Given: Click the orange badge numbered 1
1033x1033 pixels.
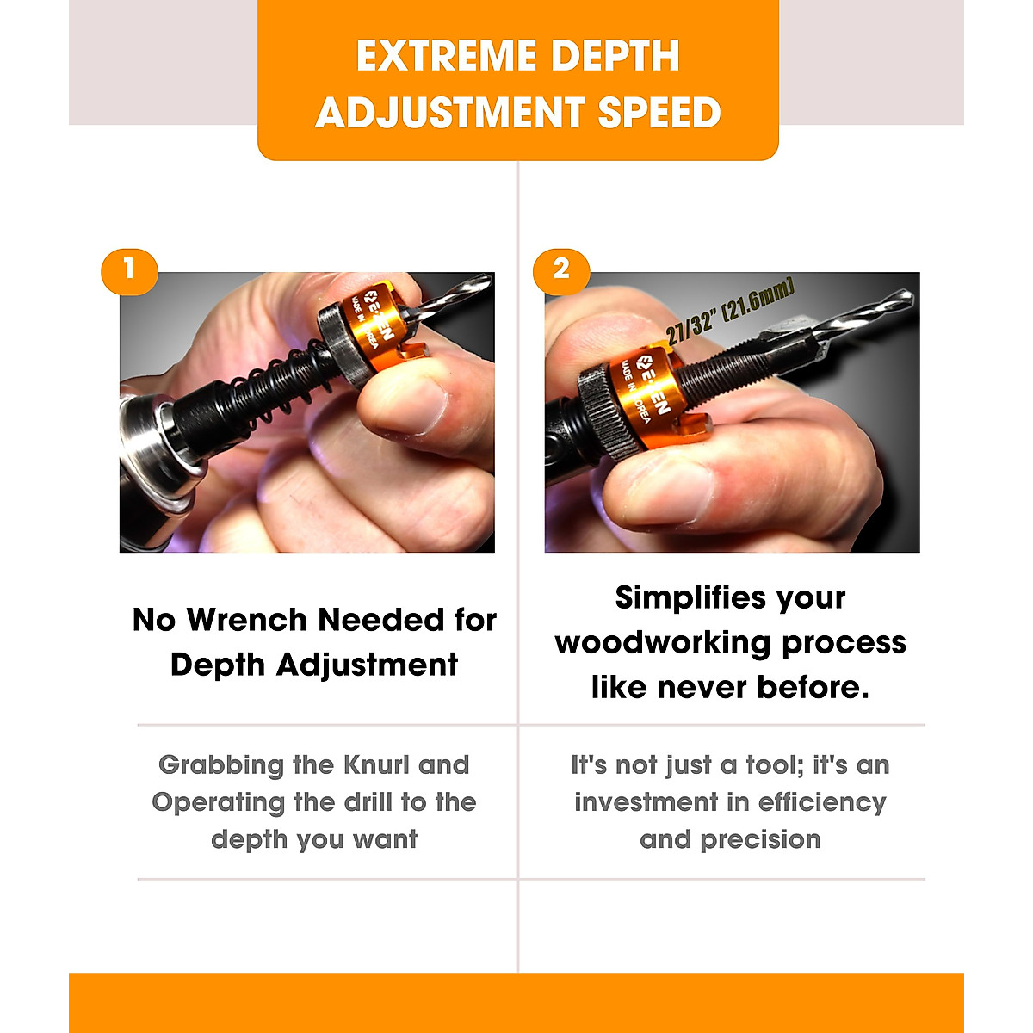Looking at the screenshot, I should [x=129, y=270].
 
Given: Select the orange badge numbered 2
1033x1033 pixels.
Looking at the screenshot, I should [x=561, y=270].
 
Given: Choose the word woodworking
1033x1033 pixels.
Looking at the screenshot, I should [x=665, y=642].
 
